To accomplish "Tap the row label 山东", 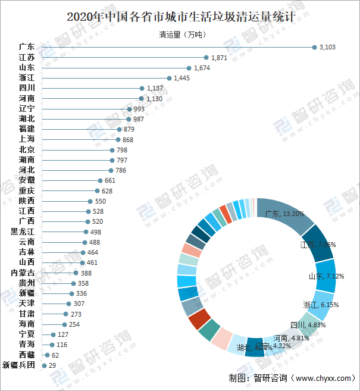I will coord(27,68).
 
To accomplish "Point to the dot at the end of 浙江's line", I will coord(169,78).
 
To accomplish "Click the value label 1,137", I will coord(155,88).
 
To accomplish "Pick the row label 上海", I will coord(27,139).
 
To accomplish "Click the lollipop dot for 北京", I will coord(112,150).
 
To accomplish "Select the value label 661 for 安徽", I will coord(109,180).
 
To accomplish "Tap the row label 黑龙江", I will coord(23,232).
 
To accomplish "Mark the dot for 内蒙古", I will coord(76,273).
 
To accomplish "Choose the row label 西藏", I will coord(27,355).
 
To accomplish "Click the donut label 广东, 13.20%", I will coord(285,214).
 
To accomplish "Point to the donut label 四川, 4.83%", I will coord(308,325).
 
